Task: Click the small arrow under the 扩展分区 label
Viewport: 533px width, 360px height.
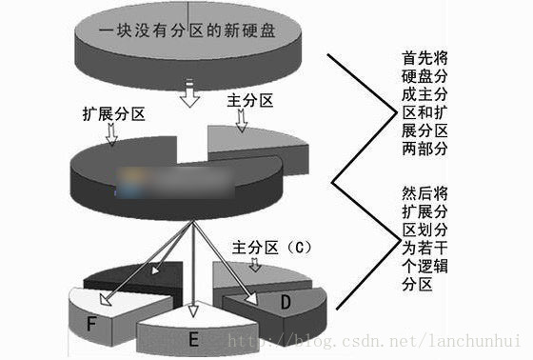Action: pos(112,135)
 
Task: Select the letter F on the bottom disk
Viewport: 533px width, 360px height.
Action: pos(91,325)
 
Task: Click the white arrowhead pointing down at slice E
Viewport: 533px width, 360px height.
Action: pos(192,311)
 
